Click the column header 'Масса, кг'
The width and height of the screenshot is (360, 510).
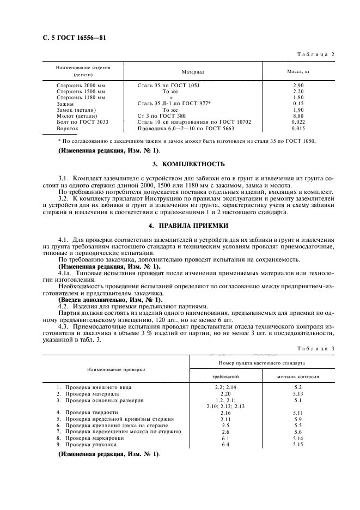298,71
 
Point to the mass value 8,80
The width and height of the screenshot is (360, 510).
298,116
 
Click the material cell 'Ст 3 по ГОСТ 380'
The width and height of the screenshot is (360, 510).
162,116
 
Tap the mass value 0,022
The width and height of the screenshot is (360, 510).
298,123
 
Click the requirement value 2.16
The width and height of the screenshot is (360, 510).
225,412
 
